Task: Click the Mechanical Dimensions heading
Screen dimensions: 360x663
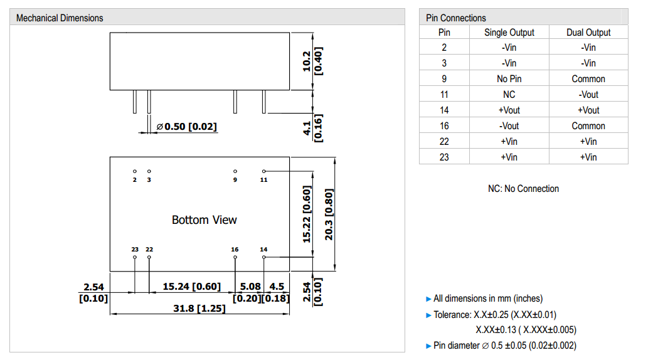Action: [60, 18]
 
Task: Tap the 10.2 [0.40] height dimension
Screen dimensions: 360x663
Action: [312, 61]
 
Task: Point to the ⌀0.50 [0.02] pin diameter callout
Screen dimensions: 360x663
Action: [186, 127]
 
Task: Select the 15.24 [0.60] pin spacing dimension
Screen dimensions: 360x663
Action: [192, 287]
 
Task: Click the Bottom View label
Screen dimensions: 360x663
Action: [204, 220]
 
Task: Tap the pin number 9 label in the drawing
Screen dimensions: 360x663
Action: [235, 180]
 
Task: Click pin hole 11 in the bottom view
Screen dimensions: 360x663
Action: [264, 171]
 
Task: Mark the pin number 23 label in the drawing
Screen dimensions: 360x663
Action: [135, 250]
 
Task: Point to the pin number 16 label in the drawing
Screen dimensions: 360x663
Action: [235, 250]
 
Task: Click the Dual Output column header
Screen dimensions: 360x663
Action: [588, 32]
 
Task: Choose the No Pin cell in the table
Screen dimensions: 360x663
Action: [509, 79]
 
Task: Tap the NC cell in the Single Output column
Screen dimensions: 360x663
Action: [509, 95]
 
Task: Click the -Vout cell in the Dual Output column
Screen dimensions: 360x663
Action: [588, 95]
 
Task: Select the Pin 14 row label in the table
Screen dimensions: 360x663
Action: [444, 110]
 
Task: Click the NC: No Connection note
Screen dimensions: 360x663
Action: [523, 189]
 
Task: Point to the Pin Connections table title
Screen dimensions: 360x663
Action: [455, 18]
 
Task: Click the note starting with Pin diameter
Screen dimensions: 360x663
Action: [504, 346]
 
